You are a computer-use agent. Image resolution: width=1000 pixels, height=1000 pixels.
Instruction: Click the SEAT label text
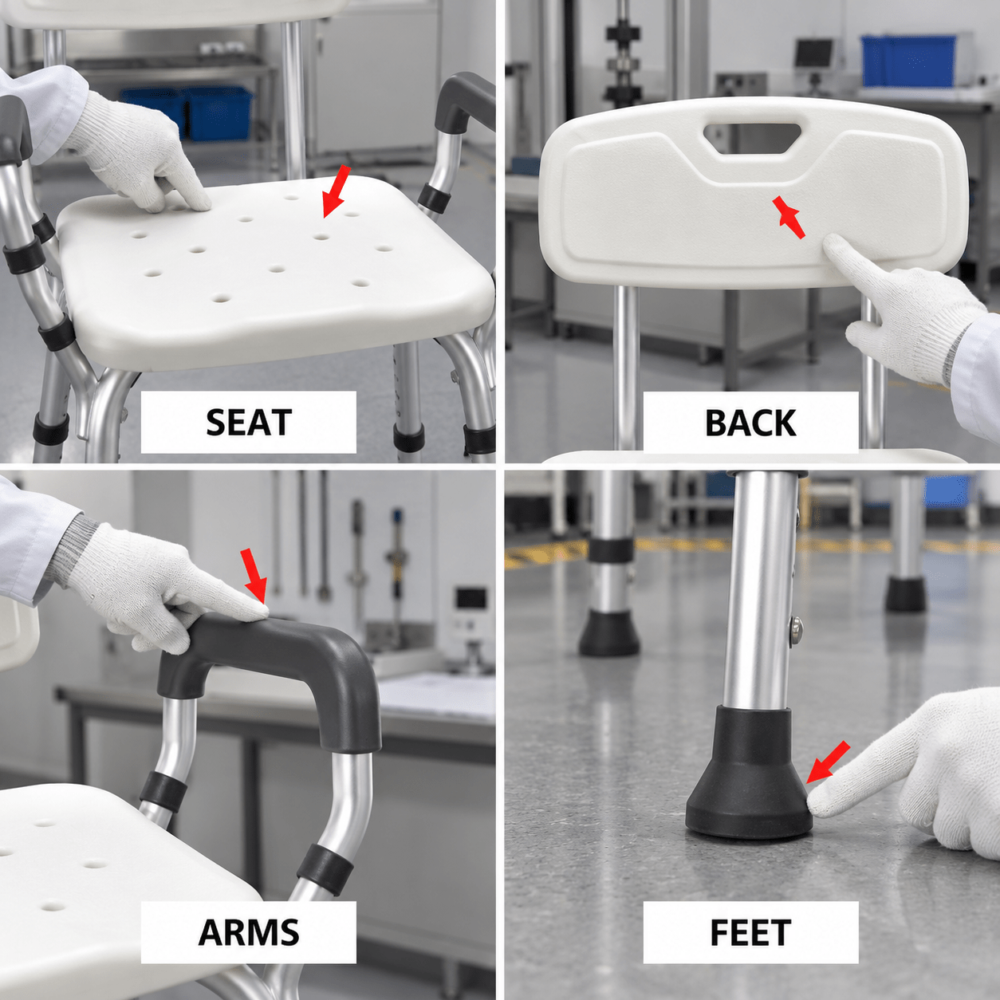tap(249, 422)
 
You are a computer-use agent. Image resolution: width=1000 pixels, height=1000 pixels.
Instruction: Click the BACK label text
tap(750, 423)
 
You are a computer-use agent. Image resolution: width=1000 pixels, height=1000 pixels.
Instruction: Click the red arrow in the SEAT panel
tap(336, 191)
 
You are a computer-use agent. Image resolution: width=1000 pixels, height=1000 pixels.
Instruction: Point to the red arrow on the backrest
tap(788, 217)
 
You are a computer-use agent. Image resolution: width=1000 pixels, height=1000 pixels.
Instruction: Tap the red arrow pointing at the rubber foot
tap(828, 762)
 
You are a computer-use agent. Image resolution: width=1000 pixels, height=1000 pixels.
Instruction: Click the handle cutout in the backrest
tap(752, 137)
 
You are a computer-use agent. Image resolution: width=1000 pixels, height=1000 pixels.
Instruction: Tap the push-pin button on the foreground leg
tap(796, 630)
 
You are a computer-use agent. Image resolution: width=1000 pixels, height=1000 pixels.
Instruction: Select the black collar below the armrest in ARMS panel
tap(163, 791)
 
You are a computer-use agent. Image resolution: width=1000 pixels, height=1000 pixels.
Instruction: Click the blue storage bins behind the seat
tap(187, 113)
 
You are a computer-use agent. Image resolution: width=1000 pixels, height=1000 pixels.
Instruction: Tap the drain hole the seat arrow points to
tap(321, 237)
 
